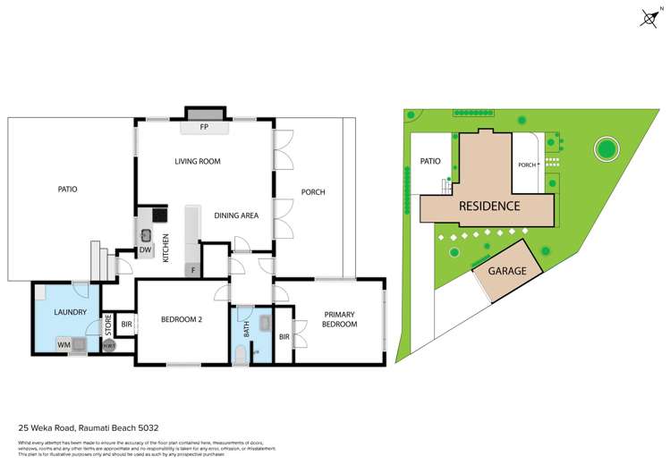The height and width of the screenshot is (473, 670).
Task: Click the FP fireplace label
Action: click(x=204, y=128)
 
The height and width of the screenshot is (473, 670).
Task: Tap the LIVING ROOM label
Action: click(x=197, y=162)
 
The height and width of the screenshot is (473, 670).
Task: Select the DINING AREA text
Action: click(x=236, y=215)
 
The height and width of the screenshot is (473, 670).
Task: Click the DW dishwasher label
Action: click(x=145, y=249)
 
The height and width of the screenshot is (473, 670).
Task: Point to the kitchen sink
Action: click(x=146, y=235)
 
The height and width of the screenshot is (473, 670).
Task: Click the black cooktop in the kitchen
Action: click(x=159, y=215)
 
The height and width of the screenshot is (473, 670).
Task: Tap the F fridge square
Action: click(x=192, y=270)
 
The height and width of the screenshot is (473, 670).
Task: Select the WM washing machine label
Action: click(x=64, y=344)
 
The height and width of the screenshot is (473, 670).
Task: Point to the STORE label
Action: click(x=109, y=324)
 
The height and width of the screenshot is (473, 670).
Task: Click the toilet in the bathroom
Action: click(x=240, y=357)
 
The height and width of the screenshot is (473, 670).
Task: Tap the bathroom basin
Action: click(x=265, y=324)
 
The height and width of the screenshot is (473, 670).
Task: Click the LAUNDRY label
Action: click(x=70, y=312)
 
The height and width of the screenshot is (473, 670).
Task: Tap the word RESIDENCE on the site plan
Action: click(x=489, y=206)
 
